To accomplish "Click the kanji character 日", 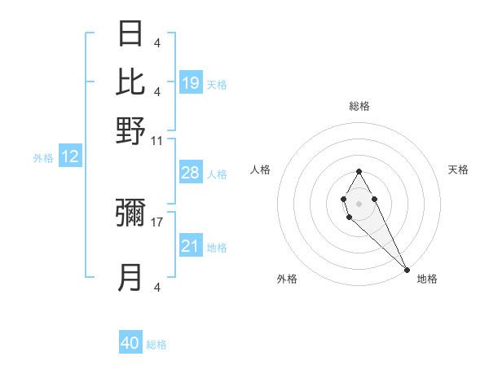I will (x=130, y=33).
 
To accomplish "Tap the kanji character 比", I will (x=130, y=81).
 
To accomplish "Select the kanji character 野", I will (x=130, y=130).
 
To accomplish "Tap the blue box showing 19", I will (x=191, y=82).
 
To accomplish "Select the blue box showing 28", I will (x=190, y=173).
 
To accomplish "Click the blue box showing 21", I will (x=190, y=246).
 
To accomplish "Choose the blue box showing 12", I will (x=70, y=157).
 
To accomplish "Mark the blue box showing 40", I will (x=130, y=343).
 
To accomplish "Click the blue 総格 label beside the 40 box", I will (x=156, y=345).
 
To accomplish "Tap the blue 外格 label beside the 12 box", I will (x=43, y=158).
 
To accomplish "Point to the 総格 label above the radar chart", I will (x=359, y=106).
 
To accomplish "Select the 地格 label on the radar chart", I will (x=427, y=279).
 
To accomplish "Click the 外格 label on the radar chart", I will (x=287, y=279).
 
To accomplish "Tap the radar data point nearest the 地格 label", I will (x=407, y=269).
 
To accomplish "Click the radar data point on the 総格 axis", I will (x=359, y=171).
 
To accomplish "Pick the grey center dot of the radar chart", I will (x=359, y=202).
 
